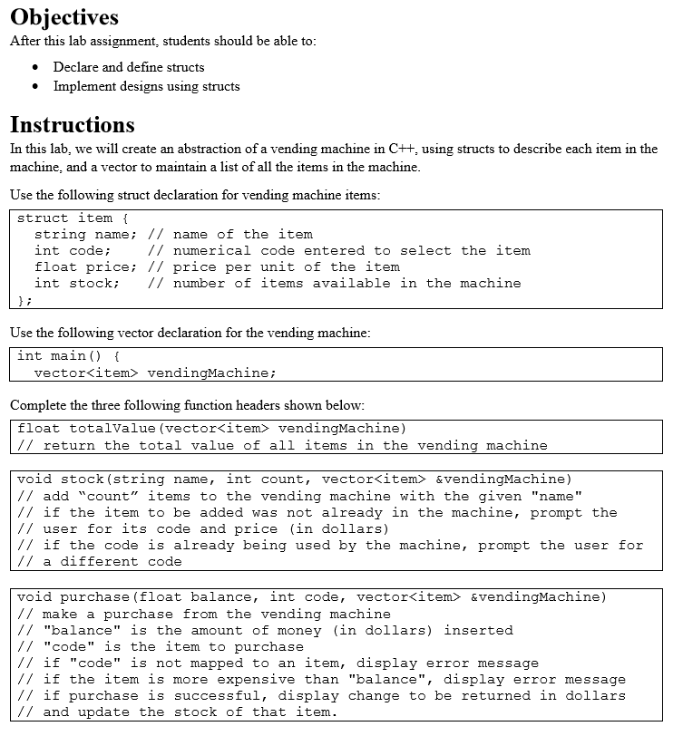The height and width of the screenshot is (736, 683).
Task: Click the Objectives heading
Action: coord(63,17)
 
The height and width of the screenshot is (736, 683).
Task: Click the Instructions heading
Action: coord(72,124)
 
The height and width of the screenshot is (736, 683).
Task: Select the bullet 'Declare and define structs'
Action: coord(129,67)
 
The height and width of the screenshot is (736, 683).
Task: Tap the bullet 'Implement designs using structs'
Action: coord(146,86)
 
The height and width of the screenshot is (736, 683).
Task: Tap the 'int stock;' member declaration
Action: coord(77,284)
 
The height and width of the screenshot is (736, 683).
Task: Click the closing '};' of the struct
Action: coord(25,300)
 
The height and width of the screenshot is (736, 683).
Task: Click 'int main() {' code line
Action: coord(68,355)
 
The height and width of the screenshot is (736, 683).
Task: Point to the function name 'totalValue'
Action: coord(112,428)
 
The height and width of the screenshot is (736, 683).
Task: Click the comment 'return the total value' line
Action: coord(282,445)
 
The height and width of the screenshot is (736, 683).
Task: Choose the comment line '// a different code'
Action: coord(99,562)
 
